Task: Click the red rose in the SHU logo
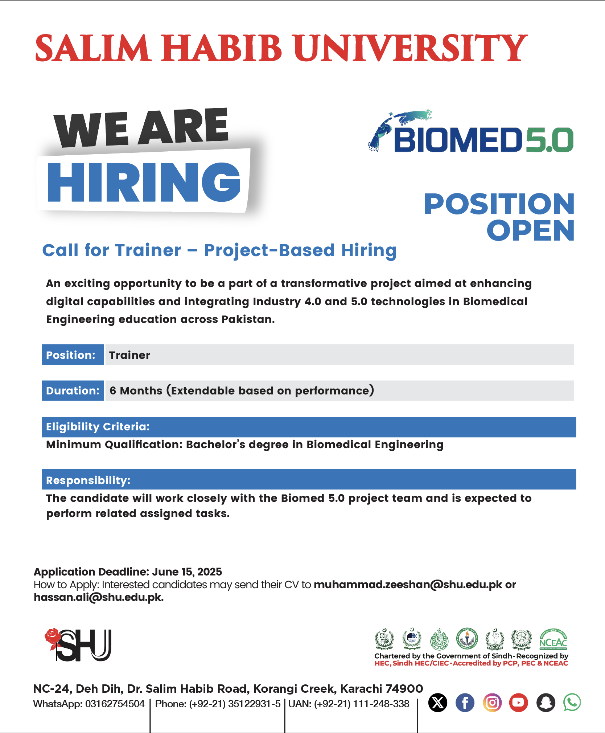pyautogui.click(x=53, y=638)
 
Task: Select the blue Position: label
pyautogui.click(x=73, y=355)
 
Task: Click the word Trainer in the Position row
pyautogui.click(x=129, y=355)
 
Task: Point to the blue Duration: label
pyautogui.click(x=73, y=390)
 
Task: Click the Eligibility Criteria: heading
pyautogui.click(x=98, y=427)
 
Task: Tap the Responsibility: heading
pyautogui.click(x=88, y=480)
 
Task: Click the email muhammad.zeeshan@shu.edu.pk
pyautogui.click(x=408, y=585)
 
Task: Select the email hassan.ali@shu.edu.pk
pyautogui.click(x=99, y=597)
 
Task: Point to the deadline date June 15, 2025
pyautogui.click(x=187, y=572)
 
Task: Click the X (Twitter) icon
pyautogui.click(x=438, y=703)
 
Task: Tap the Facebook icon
pyautogui.click(x=465, y=703)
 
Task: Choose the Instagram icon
pyautogui.click(x=492, y=703)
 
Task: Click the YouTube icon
pyautogui.click(x=519, y=703)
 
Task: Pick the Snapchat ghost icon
pyautogui.click(x=546, y=703)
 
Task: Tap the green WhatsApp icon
pyautogui.click(x=572, y=703)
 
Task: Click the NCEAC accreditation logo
pyautogui.click(x=553, y=639)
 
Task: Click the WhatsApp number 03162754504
pyautogui.click(x=115, y=704)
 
